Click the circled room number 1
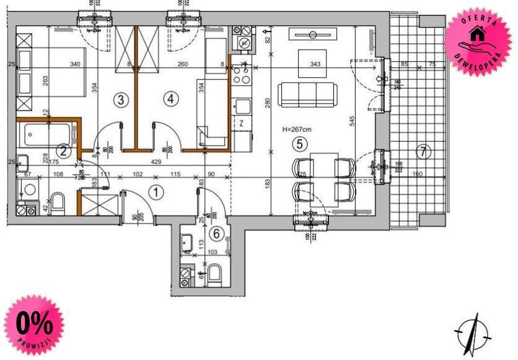tap(157, 192)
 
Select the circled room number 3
tap(121, 99)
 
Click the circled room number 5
tap(301, 144)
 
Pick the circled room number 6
tap(216, 234)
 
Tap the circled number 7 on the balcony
tap(423, 151)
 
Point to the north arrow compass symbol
tap(474, 333)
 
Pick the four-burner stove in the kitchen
tap(242, 75)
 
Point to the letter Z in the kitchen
tap(241, 123)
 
